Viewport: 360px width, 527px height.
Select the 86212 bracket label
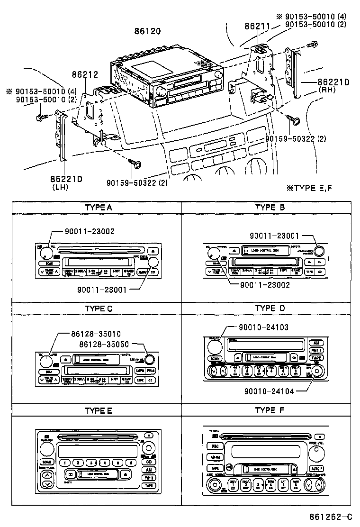pyautogui.click(x=85, y=74)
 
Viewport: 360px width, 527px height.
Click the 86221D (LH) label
pyautogui.click(x=67, y=182)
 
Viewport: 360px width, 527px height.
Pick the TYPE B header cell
pyautogui.click(x=269, y=207)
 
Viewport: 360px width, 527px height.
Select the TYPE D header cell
pyautogui.click(x=269, y=309)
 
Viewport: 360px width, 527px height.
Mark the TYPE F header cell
pyautogui.click(x=269, y=410)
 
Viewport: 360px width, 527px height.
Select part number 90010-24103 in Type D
pyautogui.click(x=263, y=327)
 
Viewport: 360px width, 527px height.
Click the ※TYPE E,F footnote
pyautogui.click(x=309, y=188)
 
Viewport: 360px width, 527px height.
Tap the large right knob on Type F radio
pyautogui.click(x=317, y=455)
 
